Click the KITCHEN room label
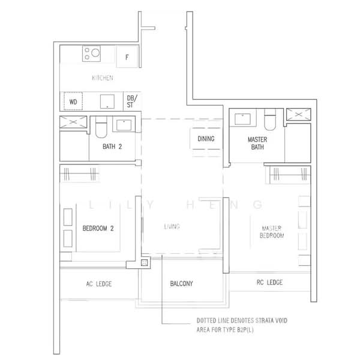[102, 78]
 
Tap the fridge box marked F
[127, 58]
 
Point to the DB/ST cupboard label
[131, 101]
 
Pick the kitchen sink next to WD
[107, 101]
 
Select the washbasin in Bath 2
[124, 125]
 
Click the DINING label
[206, 139]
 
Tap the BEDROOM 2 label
[98, 228]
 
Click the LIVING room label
[172, 227]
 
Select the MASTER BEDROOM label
[272, 232]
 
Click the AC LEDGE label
[99, 284]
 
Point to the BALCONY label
[181, 284]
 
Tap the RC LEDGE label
[269, 283]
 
